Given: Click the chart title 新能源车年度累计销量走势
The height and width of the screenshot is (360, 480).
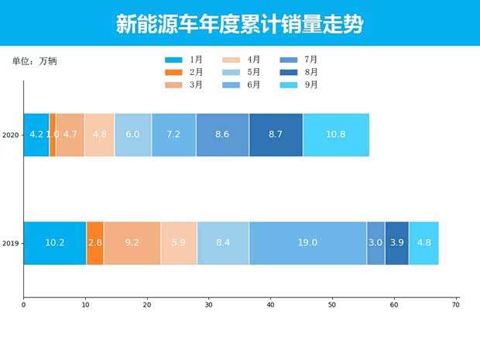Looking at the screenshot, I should click(239, 24).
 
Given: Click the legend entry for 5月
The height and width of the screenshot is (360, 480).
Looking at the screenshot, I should click(242, 72).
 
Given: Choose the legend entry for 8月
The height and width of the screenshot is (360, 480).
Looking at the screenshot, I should click(300, 72).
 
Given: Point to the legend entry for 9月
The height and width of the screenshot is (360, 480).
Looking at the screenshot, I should click(300, 84).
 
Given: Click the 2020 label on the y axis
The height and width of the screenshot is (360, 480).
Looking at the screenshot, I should click(11, 135).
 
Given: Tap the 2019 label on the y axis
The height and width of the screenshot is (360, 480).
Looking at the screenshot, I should click(11, 244).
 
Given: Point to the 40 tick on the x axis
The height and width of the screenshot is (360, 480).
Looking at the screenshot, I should click(271, 305).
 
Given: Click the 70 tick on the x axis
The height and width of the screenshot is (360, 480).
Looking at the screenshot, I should click(456, 305).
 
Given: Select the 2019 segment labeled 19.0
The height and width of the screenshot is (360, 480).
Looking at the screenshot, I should click(307, 243).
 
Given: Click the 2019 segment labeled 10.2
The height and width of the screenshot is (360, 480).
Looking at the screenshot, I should click(54, 243).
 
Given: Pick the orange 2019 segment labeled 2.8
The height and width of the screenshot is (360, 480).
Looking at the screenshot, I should click(94, 243).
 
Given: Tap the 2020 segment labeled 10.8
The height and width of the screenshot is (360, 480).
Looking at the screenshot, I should click(336, 135).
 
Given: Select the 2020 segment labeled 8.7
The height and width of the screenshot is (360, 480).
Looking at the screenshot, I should click(276, 135).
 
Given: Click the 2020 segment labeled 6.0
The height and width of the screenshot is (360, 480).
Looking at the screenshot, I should click(132, 135).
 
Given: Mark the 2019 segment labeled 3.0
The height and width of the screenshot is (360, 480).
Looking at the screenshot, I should click(375, 243).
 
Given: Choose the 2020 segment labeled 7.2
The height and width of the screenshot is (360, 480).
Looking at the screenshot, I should click(173, 135).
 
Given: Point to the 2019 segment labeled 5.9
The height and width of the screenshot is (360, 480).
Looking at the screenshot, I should click(179, 243).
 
